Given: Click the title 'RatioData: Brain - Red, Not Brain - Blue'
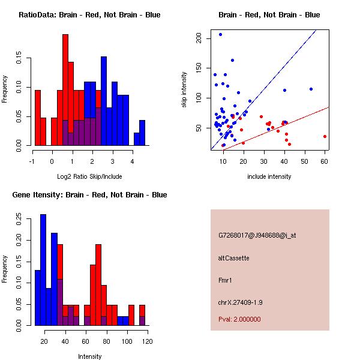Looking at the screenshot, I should [x=89, y=15].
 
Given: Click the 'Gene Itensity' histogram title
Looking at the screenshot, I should [x=89, y=195].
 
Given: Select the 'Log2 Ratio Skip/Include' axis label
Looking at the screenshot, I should [x=89, y=176].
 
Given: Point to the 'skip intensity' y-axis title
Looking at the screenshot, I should [x=185, y=90].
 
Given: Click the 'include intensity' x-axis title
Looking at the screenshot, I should [x=269, y=176].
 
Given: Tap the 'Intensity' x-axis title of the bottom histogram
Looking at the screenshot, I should [x=89, y=356].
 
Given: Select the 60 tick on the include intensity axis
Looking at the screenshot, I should [x=325, y=161].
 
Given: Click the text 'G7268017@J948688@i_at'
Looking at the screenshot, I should [x=257, y=235].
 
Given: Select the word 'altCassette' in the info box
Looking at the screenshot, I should [x=233, y=258].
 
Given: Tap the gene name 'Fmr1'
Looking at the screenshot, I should [x=225, y=280].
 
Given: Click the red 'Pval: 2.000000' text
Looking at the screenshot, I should [x=239, y=319].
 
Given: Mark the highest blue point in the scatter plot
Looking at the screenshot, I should [x=220, y=34].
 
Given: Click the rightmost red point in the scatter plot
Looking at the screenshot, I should [x=325, y=136].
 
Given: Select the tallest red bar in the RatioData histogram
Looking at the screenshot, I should [x=65, y=90].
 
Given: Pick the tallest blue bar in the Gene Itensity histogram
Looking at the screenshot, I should [x=43, y=270].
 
